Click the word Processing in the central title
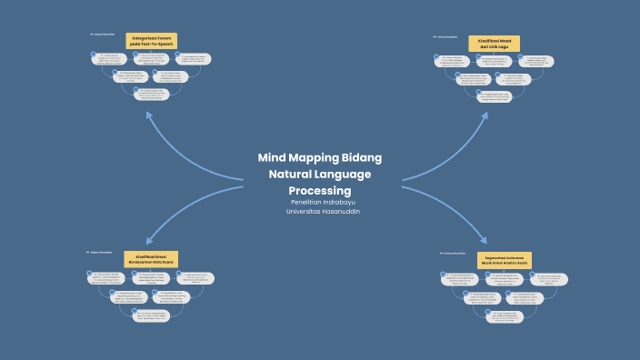coord(319,189)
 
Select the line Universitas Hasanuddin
coord(323,211)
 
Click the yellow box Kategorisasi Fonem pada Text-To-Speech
coord(152,40)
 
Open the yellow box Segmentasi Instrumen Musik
coord(503,260)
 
